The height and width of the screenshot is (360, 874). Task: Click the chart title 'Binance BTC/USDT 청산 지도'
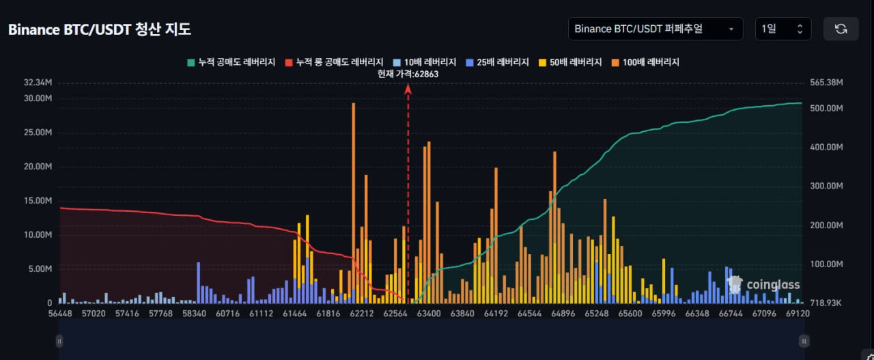tap(100, 29)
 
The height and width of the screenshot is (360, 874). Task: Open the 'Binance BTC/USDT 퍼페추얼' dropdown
tap(655, 29)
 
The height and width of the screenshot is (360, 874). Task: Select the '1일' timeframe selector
tap(783, 29)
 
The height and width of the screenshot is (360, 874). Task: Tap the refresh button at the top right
tap(841, 29)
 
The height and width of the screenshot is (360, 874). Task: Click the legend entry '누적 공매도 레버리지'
tap(231, 62)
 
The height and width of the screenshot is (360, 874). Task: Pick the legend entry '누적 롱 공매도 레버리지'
tap(335, 62)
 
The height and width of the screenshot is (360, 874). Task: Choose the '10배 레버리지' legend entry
tap(425, 62)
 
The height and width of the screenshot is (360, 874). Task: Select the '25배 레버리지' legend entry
tap(498, 62)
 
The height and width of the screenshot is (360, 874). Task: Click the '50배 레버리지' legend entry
tap(570, 62)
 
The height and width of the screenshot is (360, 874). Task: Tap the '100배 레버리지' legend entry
tap(645, 62)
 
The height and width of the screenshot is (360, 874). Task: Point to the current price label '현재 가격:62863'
tap(408, 74)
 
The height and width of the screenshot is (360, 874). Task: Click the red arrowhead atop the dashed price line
tap(408, 89)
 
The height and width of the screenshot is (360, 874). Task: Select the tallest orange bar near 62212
tap(354, 203)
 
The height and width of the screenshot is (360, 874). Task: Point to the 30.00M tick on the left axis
tap(38, 98)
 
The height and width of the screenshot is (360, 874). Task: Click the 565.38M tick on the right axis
tap(826, 83)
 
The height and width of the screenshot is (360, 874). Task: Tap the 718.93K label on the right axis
tap(826, 303)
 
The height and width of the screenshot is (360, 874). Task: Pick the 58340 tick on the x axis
tap(195, 314)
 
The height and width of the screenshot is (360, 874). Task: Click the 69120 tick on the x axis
tap(798, 314)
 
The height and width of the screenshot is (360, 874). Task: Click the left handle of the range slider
tap(59, 342)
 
